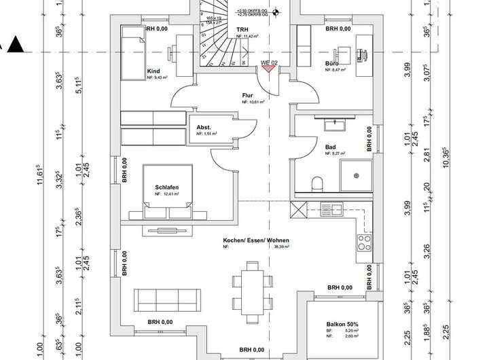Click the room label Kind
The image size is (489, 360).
(x=153, y=71)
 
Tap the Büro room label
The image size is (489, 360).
(x=332, y=62)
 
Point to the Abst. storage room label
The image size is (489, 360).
(x=204, y=127)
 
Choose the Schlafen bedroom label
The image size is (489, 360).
(x=166, y=187)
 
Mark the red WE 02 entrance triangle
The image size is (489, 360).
(x=269, y=68)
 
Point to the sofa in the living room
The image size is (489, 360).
(x=168, y=298)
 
